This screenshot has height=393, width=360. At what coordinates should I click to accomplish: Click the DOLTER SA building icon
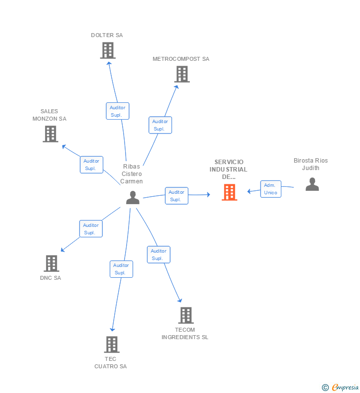[108, 50]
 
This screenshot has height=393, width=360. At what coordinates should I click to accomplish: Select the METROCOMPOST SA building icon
[182, 74]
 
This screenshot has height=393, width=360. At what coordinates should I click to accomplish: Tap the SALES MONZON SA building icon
[50, 134]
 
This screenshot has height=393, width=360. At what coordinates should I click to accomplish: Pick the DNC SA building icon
[51, 263]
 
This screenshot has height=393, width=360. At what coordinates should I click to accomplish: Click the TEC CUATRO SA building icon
[112, 345]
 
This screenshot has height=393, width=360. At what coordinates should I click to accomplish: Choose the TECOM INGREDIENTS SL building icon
[186, 315]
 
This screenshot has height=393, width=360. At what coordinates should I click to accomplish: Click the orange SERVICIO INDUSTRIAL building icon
[229, 192]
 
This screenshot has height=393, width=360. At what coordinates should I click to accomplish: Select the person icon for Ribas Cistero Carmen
[133, 198]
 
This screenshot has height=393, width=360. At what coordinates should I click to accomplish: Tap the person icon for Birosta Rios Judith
[312, 184]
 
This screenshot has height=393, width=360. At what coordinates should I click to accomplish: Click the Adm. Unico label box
[270, 189]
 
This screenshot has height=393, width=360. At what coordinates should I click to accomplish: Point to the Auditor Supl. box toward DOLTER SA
[117, 111]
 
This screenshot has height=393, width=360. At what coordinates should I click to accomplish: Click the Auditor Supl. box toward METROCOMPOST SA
[160, 125]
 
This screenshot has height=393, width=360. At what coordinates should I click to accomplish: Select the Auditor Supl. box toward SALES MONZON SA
[91, 165]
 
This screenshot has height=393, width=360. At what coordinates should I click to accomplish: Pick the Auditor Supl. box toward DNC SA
[90, 229]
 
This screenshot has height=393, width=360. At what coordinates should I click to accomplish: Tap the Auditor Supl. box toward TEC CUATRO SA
[121, 269]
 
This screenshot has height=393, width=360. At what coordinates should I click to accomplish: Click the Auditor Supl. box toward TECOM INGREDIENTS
[158, 255]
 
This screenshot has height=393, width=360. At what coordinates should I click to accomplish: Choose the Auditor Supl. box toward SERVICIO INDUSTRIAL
[176, 196]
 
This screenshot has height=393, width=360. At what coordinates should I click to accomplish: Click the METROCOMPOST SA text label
[181, 59]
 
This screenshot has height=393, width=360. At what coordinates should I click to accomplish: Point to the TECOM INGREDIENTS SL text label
[185, 333]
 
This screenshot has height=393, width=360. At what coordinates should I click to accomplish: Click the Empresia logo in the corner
[341, 388]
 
